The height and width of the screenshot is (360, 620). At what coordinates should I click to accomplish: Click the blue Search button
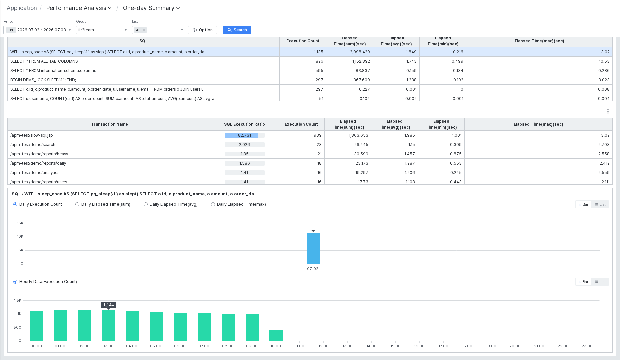(237, 30)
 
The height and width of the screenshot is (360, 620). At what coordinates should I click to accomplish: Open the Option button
(203, 30)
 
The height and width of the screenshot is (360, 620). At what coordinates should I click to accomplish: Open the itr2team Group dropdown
(102, 30)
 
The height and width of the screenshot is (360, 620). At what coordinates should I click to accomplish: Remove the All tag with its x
(144, 30)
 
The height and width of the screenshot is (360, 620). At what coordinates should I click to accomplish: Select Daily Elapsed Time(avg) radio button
(146, 204)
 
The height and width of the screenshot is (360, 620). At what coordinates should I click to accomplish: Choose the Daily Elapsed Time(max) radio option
(213, 204)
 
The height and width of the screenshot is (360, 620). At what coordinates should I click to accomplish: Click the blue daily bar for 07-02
(313, 248)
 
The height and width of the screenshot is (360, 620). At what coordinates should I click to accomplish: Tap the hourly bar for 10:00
(276, 336)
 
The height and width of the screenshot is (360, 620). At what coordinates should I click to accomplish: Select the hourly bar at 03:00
(108, 325)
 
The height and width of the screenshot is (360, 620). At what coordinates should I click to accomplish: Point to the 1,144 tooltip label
(109, 305)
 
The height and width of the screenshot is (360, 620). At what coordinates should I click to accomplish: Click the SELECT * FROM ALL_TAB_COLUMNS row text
(44, 61)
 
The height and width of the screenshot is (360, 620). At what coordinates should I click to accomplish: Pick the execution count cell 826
(319, 61)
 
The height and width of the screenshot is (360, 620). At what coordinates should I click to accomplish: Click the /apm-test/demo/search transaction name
(33, 145)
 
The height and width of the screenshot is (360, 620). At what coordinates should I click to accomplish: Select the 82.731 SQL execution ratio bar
(245, 135)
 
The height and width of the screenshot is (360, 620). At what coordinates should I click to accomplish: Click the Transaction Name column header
(109, 124)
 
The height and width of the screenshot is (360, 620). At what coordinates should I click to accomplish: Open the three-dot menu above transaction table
(608, 111)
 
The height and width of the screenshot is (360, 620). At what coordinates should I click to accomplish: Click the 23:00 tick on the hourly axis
(587, 346)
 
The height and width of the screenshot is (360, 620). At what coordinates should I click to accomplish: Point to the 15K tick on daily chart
(20, 223)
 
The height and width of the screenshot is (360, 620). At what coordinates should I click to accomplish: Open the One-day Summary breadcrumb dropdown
(151, 8)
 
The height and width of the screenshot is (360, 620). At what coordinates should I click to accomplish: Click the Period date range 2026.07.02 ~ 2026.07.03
(42, 30)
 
